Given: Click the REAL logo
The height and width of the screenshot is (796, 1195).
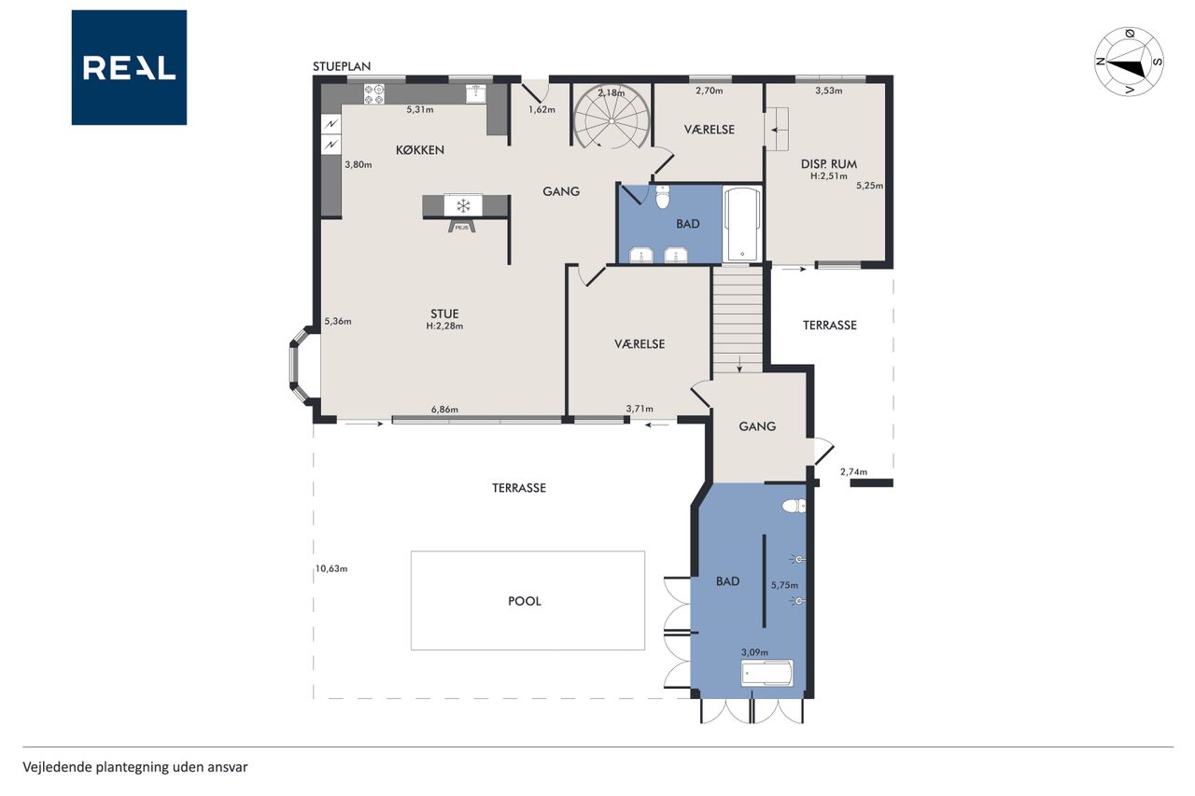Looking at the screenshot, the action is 129,67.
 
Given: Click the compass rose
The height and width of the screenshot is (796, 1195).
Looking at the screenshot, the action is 1129,62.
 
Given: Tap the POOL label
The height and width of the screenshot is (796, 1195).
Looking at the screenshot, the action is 525,601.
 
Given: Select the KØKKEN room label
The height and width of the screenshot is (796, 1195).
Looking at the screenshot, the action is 420,150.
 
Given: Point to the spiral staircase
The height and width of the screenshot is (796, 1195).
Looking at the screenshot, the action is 612,117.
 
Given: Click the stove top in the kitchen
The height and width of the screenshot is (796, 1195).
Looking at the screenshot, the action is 374,94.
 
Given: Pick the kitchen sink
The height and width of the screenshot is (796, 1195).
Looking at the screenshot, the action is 476,93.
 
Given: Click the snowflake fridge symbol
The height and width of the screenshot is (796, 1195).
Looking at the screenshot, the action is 463,205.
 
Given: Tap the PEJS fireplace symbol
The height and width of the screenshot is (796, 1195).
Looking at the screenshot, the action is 462,226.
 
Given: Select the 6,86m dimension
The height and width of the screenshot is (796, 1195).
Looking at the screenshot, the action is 444,410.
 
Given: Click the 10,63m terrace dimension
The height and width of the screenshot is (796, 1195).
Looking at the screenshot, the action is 331,569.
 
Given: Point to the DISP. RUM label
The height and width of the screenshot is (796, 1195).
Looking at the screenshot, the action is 829,164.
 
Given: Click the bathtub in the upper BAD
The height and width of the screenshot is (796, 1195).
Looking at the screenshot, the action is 742,224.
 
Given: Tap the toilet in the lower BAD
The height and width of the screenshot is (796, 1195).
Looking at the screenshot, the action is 794,506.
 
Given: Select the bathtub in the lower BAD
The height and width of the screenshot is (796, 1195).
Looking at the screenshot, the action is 766,674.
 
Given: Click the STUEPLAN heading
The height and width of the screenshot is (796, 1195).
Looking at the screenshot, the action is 342,66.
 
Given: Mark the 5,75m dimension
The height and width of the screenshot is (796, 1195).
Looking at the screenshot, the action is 785,585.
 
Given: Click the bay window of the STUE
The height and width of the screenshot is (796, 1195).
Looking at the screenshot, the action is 298,367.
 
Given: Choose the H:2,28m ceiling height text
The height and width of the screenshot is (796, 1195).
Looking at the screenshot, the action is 444,327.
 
